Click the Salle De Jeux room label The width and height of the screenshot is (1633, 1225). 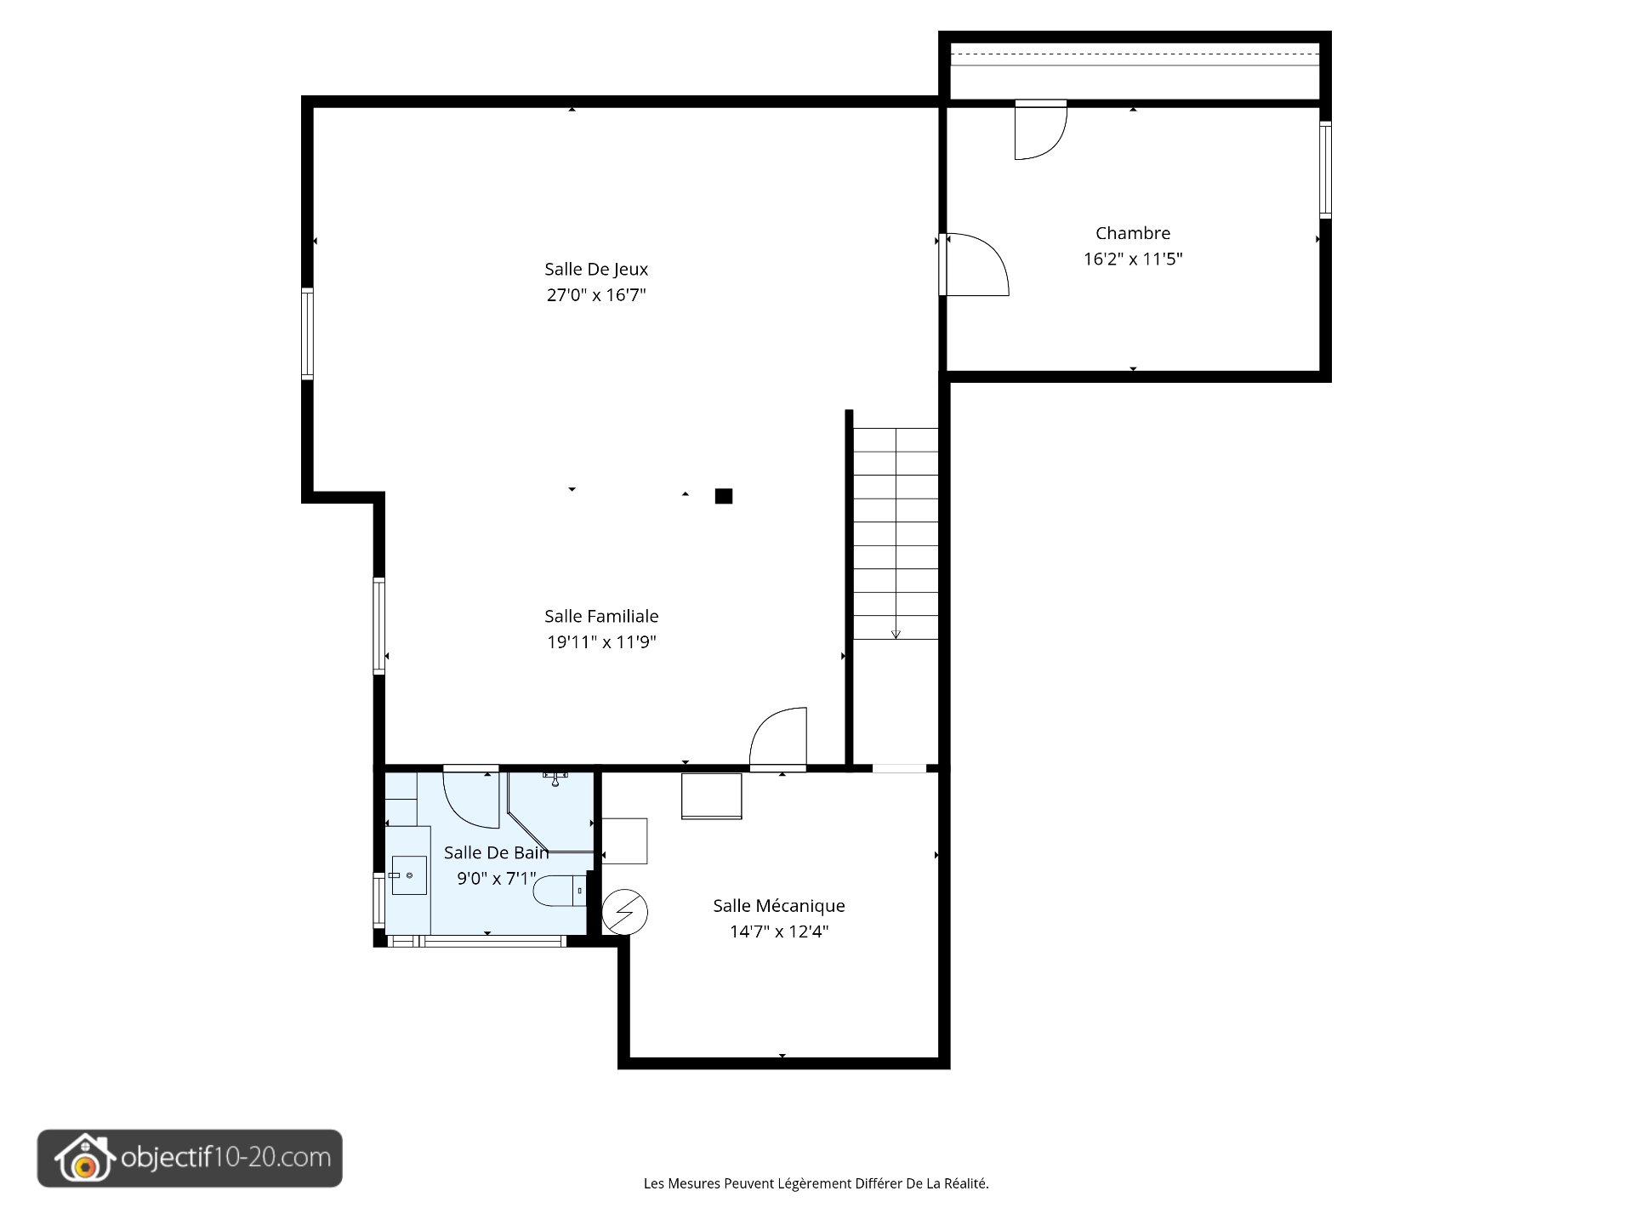pos(596,270)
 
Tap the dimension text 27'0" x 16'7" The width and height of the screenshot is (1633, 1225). pos(596,295)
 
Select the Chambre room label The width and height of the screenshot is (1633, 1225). pos(1133,233)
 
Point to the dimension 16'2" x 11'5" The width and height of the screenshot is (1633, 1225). pos(1133,259)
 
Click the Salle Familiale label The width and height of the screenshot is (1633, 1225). pos(601,616)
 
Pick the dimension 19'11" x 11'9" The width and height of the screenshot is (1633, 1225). pos(601,642)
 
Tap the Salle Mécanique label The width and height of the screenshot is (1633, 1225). pos(779,906)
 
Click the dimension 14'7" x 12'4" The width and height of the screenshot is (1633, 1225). pos(779,932)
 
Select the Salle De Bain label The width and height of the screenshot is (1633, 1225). pos(497,852)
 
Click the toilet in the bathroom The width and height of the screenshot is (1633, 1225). pos(560,891)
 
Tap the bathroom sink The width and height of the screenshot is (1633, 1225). pos(409,875)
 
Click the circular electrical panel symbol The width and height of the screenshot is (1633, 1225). pos(625,912)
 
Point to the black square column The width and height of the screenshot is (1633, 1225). pos(724,496)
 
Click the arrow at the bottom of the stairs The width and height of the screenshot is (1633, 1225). pos(896,634)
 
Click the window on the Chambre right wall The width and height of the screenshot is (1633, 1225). pos(1325,170)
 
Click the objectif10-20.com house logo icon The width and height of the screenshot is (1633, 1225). pos(83,1159)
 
